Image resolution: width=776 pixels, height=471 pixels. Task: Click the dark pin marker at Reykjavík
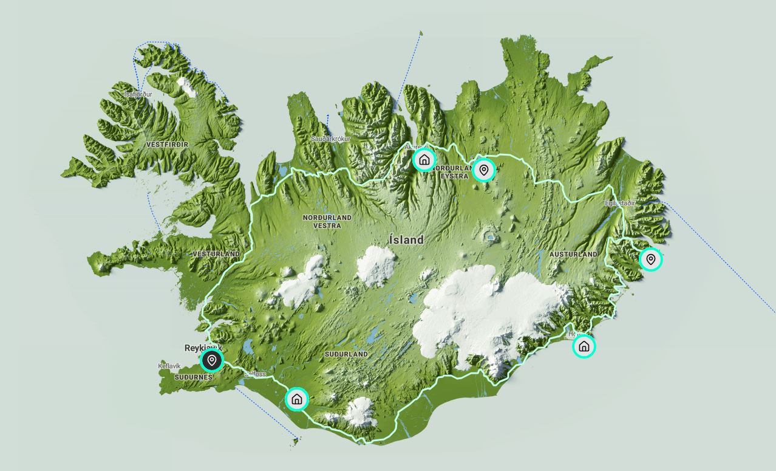pyautogui.click(x=211, y=360)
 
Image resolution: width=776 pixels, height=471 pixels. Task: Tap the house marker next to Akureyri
pyautogui.click(x=424, y=160)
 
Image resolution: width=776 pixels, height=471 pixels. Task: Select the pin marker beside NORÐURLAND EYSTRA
pyautogui.click(x=483, y=170)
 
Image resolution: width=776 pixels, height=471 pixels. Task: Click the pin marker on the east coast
pyautogui.click(x=651, y=260)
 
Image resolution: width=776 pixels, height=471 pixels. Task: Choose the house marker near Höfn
pyautogui.click(x=584, y=346)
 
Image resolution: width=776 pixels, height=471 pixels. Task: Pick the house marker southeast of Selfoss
pyautogui.click(x=296, y=399)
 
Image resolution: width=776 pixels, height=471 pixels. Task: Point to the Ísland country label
pyautogui.click(x=406, y=240)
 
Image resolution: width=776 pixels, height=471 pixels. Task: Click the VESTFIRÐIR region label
pyautogui.click(x=167, y=145)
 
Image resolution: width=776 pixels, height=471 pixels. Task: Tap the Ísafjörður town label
pyautogui.click(x=138, y=94)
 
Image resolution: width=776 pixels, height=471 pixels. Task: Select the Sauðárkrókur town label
pyautogui.click(x=331, y=139)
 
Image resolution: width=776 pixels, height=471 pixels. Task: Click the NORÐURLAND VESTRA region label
pyautogui.click(x=327, y=221)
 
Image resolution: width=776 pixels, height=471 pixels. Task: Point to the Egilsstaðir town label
pyautogui.click(x=619, y=203)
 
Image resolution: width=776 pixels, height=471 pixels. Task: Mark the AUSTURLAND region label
pyautogui.click(x=573, y=254)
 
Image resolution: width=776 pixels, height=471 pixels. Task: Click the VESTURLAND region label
pyautogui.click(x=216, y=253)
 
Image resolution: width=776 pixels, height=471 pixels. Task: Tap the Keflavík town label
pyautogui.click(x=169, y=366)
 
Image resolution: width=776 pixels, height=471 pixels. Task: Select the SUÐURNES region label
pyautogui.click(x=193, y=377)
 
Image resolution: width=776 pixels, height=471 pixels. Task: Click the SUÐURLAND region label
pyautogui.click(x=346, y=354)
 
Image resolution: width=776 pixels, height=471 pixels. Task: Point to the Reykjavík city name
pyautogui.click(x=203, y=348)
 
